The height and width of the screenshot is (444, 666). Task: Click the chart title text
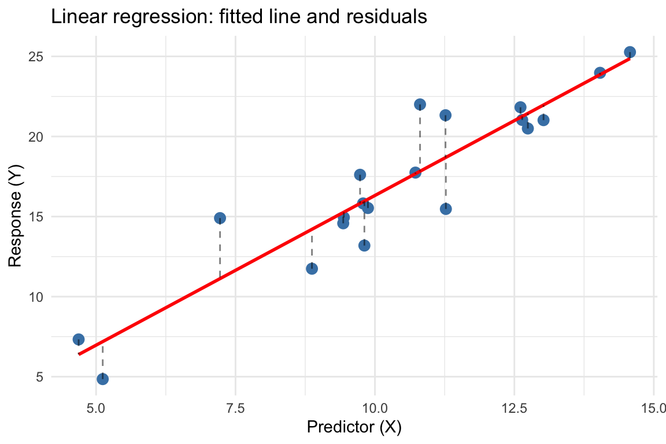tap(239, 17)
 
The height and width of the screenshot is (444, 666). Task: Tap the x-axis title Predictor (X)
tap(354, 428)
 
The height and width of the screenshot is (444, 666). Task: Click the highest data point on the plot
tap(630, 52)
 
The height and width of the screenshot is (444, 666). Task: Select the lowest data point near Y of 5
tap(102, 379)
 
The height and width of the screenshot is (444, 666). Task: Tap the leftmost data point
tap(79, 339)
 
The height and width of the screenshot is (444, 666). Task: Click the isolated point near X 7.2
tap(220, 218)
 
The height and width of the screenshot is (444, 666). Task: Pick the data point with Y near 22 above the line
tap(420, 105)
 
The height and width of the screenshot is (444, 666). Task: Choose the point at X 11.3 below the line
tap(445, 209)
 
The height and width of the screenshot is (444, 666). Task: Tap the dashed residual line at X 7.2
tap(220, 249)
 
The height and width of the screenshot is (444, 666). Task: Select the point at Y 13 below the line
tap(364, 245)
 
